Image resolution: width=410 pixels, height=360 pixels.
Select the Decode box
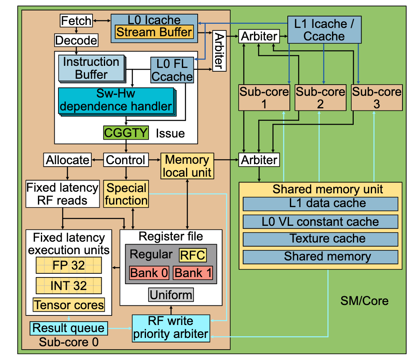tap(76, 40)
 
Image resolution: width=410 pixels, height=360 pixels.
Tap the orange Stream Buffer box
tap(154, 32)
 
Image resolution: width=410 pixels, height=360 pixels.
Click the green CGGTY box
tap(126, 133)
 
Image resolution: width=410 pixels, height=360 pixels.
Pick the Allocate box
tap(68, 160)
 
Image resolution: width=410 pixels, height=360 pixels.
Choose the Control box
tap(126, 160)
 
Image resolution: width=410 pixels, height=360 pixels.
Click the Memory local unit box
tap(187, 166)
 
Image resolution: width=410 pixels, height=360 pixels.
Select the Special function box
tap(126, 194)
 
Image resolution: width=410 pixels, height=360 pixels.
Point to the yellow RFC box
tap(192, 255)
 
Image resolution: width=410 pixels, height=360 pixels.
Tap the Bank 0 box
tap(149, 273)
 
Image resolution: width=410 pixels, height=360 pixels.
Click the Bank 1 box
tap(193, 273)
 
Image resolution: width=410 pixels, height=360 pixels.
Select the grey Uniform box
tap(171, 295)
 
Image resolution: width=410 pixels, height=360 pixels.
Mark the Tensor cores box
tap(69, 305)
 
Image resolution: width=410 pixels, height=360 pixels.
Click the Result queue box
tap(69, 327)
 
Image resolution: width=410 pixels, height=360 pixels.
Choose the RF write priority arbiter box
tap(171, 327)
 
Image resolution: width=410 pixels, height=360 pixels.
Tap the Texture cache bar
tap(320, 239)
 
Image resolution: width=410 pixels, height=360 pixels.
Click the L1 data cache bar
tap(320, 204)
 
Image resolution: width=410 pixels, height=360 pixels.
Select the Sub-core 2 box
tap(320, 97)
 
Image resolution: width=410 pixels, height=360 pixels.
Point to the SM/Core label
tap(364, 300)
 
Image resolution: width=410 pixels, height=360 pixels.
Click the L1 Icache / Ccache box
tap(323, 30)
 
